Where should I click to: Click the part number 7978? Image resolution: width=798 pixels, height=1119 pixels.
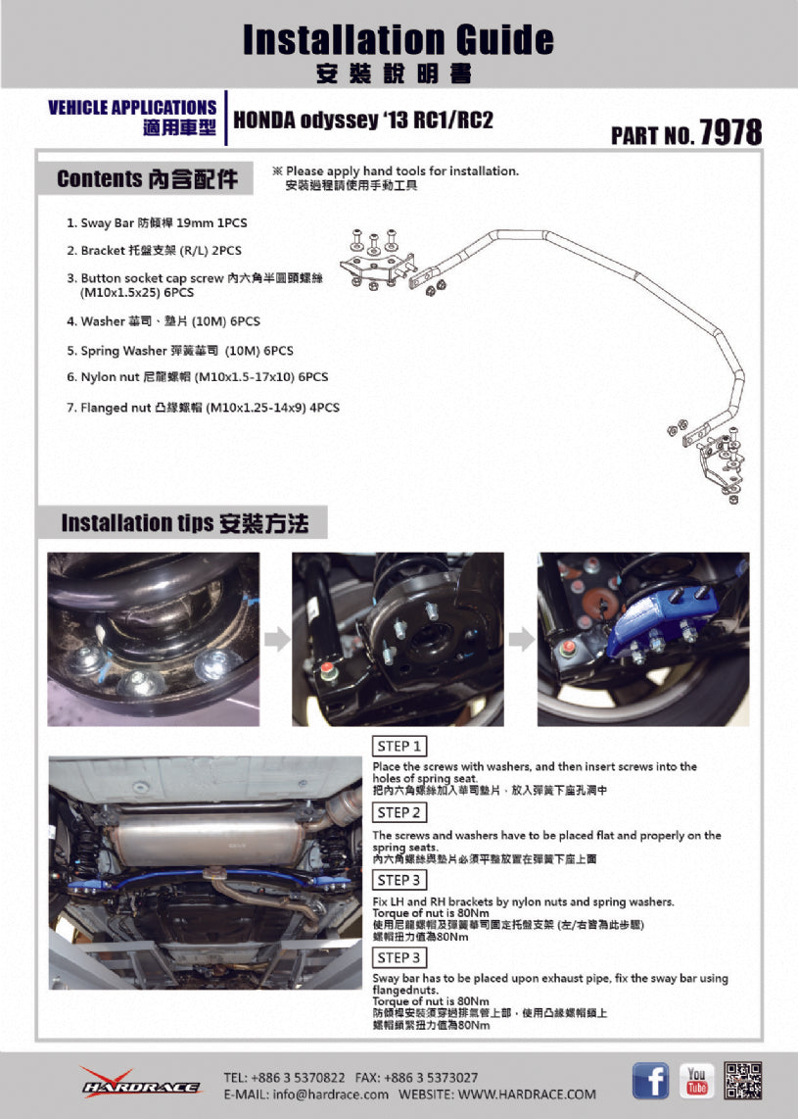click(730, 132)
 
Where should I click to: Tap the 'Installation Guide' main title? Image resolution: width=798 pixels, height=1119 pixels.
click(398, 40)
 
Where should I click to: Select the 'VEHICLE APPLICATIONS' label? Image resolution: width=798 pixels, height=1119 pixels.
click(132, 107)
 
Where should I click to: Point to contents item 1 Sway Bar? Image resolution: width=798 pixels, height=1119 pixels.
click(157, 223)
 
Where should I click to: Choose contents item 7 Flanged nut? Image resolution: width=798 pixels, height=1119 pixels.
click(203, 408)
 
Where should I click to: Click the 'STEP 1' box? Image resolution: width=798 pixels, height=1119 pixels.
click(399, 746)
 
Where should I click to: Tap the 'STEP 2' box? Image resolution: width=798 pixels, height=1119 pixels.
click(399, 812)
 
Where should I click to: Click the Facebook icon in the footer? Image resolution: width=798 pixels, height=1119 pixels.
click(650, 1080)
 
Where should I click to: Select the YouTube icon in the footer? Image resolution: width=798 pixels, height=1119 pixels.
click(697, 1080)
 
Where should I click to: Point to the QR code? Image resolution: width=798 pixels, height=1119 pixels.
click(743, 1080)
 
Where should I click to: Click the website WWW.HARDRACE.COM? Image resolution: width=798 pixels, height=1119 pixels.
click(526, 1094)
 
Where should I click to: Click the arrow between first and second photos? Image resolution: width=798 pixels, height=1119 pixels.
click(277, 640)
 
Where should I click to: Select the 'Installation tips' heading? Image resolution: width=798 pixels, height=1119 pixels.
click(184, 523)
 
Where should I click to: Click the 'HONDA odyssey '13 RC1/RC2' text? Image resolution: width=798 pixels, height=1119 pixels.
click(362, 121)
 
